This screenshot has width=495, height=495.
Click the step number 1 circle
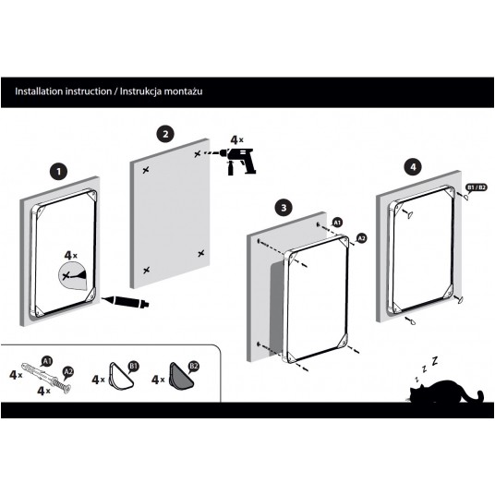[59, 172]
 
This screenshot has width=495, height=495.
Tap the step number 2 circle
[165, 134]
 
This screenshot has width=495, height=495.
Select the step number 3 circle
[284, 208]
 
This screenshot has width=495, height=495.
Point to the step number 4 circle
[413, 167]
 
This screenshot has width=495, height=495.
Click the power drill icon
[240, 161]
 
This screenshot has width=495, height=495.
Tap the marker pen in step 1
[126, 301]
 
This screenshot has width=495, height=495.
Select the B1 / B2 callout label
[476, 187]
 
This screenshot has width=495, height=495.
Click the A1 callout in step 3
[337, 223]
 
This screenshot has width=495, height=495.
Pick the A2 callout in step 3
[361, 237]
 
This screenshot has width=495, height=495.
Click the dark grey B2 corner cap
[181, 376]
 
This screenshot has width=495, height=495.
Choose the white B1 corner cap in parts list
[121, 376]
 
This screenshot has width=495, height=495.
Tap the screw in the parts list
[61, 384]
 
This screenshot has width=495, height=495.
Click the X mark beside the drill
[198, 154]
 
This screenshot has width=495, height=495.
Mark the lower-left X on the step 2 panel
[146, 271]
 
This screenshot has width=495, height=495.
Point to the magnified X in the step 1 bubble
[66, 276]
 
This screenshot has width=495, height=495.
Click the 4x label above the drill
[236, 139]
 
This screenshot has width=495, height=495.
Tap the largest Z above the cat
[435, 360]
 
